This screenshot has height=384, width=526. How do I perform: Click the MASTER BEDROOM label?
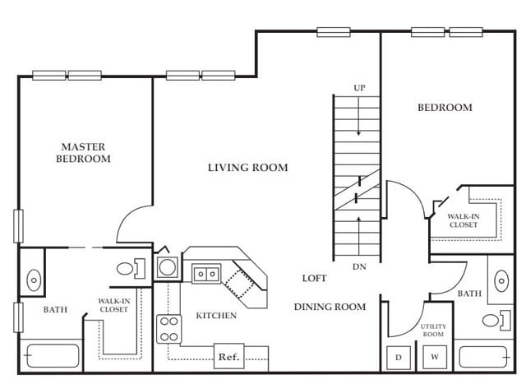point(83,153)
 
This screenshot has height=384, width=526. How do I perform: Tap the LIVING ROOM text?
point(248,168)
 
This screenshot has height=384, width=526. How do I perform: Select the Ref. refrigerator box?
point(228,357)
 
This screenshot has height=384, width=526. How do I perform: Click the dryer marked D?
point(399,358)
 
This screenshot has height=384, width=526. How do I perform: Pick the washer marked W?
point(435,357)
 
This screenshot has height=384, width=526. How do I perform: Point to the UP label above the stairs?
point(359,88)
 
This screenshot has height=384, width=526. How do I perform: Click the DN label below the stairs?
point(359,267)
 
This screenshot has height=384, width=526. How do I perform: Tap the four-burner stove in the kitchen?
point(169,329)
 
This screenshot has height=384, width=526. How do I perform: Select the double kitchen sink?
point(206,274)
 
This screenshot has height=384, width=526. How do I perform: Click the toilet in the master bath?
point(131,269)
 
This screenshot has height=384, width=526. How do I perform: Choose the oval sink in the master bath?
point(34,280)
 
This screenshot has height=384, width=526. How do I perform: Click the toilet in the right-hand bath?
point(496,320)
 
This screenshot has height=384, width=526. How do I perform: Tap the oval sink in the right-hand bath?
point(501,281)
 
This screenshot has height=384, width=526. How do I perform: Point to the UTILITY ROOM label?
point(433,331)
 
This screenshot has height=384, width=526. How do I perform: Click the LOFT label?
point(314,278)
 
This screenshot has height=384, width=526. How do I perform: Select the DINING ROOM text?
point(330,307)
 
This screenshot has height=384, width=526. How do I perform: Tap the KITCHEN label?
point(216,316)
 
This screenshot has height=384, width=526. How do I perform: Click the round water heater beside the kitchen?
point(168,267)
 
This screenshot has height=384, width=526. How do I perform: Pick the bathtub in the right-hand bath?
point(484,357)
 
